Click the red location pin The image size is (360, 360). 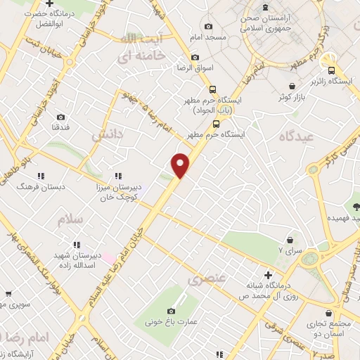181,165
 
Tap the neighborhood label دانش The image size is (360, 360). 108,133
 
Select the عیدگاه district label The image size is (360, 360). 295,134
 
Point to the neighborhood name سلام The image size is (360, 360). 71,219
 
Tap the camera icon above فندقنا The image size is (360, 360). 61,117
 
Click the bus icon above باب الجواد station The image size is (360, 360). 212,89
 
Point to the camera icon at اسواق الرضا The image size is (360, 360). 195,57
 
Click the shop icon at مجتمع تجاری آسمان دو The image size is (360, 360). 328,314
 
